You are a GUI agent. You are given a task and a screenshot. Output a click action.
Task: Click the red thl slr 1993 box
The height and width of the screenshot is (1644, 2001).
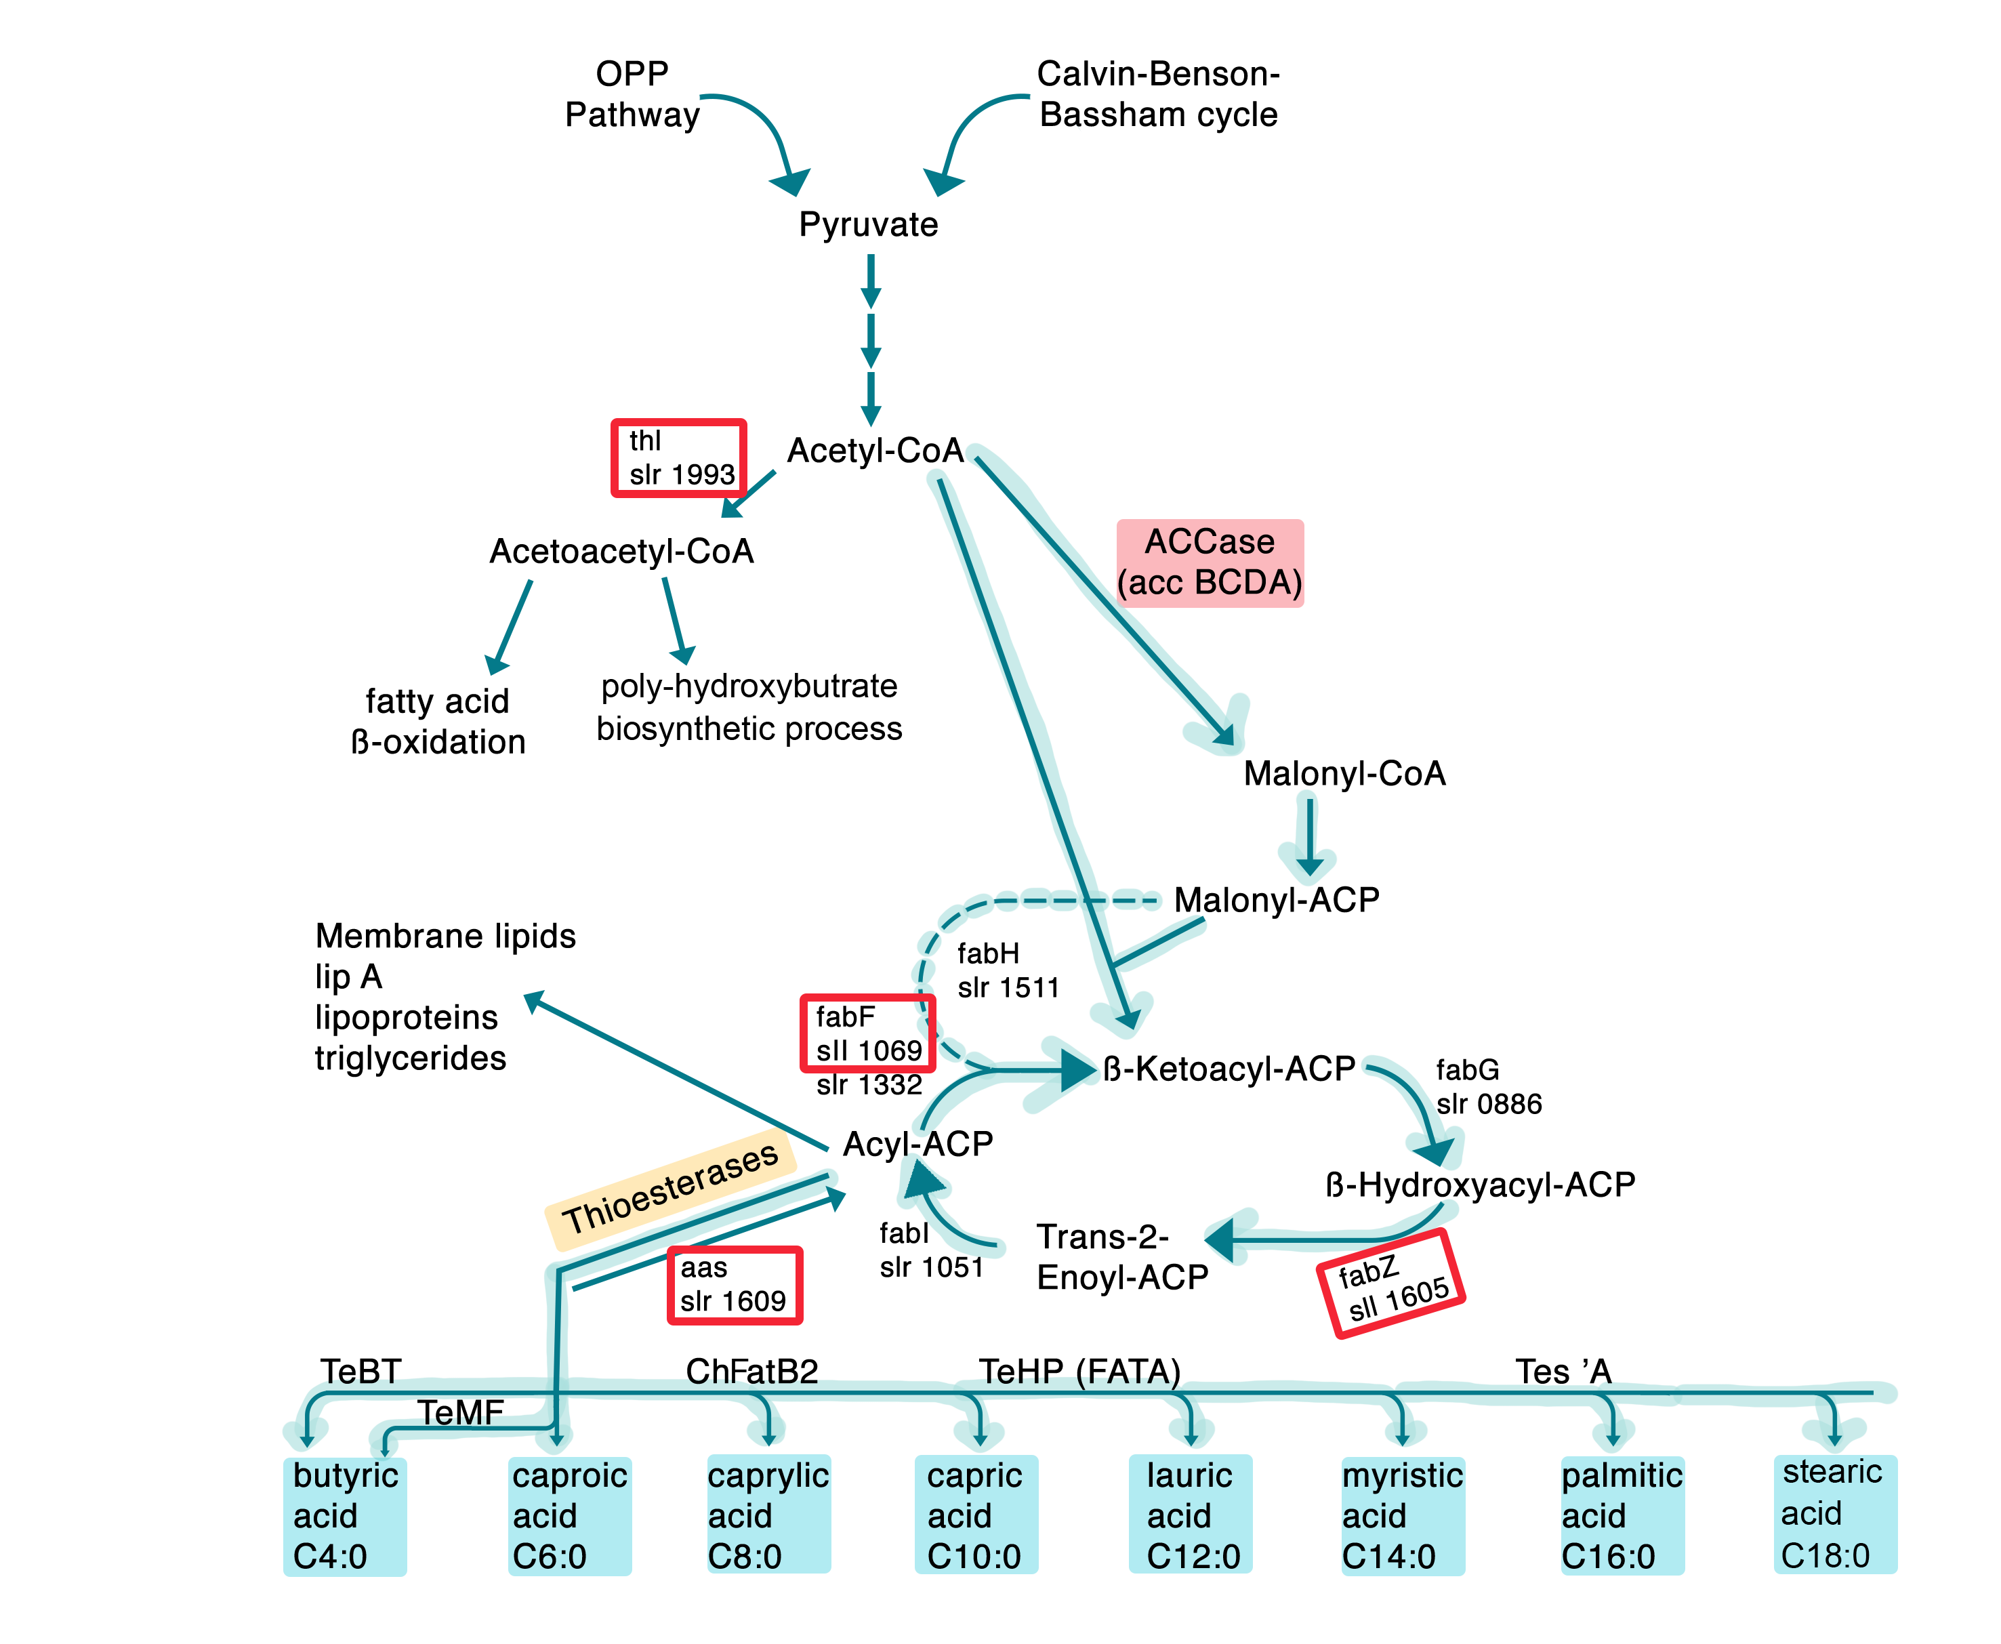pyautogui.click(x=678, y=457)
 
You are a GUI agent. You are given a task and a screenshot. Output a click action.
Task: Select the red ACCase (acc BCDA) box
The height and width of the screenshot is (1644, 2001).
pyautogui.click(x=1210, y=562)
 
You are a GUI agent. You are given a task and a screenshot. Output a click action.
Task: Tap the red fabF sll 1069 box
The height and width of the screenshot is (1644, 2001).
pyautogui.click(x=867, y=1033)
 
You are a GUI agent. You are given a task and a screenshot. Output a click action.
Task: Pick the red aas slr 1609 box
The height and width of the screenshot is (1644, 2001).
pyautogui.click(x=734, y=1285)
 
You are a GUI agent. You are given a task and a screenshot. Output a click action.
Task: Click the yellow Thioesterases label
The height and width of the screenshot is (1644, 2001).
pyautogui.click(x=670, y=1189)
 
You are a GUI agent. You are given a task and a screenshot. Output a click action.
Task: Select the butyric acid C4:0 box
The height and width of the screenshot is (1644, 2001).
pyautogui.click(x=345, y=1516)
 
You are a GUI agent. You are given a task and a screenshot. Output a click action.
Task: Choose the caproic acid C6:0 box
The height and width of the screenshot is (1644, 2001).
pyautogui.click(x=569, y=1516)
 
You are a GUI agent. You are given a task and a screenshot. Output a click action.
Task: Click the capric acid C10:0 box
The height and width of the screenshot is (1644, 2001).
pyautogui.click(x=975, y=1516)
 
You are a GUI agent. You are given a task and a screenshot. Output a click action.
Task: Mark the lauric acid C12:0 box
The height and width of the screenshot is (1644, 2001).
pyautogui.click(x=1191, y=1516)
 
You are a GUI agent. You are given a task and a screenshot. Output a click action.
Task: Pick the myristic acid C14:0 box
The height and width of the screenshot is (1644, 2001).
pyautogui.click(x=1403, y=1516)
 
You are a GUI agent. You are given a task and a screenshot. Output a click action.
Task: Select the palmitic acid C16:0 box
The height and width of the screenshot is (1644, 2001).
pyautogui.click(x=1622, y=1516)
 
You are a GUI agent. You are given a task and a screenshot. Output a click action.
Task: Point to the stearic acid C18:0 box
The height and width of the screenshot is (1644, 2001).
pyautogui.click(x=1834, y=1513)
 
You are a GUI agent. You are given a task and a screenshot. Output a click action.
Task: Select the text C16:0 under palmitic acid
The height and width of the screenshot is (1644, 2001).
pyautogui.click(x=1608, y=1556)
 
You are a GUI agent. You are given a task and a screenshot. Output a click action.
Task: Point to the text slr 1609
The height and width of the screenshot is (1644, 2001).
pyautogui.click(x=733, y=1301)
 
